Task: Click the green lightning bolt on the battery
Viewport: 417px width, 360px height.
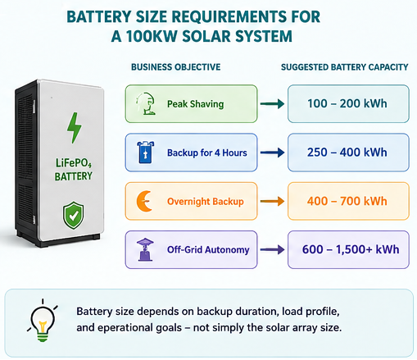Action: [74, 128]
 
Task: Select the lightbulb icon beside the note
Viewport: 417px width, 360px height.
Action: [43, 321]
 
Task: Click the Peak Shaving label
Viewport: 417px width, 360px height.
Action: [196, 104]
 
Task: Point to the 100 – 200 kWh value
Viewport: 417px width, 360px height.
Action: [347, 103]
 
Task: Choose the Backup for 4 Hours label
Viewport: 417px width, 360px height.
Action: [207, 153]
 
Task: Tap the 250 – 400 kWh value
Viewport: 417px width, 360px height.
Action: [347, 153]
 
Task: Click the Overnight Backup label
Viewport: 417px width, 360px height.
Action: [206, 202]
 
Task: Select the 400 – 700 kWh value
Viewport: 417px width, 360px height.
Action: [347, 201]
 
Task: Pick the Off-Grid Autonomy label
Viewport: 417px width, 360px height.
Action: [208, 249]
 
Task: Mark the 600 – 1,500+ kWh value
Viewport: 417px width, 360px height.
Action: [351, 249]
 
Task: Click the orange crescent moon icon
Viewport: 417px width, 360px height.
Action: [144, 201]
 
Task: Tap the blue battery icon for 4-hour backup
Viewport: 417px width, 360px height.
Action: [145, 153]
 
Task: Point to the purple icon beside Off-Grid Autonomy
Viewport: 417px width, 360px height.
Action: [145, 249]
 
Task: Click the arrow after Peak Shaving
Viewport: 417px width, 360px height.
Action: [272, 103]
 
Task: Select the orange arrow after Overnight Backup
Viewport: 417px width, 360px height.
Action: [272, 201]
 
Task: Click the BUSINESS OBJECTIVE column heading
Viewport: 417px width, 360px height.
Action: [176, 67]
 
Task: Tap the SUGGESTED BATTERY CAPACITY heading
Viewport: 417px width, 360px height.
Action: [345, 67]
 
